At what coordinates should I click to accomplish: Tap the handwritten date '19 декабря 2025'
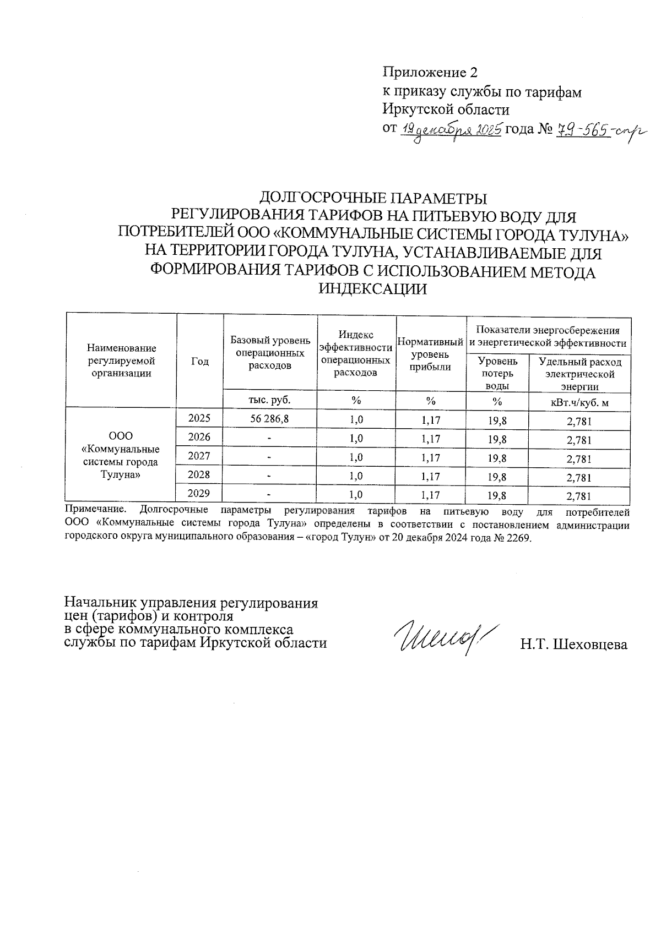(451, 130)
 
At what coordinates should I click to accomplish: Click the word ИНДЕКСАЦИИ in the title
(373, 288)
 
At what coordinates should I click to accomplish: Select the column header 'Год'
(200, 361)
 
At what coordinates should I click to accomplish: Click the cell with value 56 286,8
(270, 418)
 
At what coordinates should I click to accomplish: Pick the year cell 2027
(199, 456)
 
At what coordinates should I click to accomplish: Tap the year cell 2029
(199, 494)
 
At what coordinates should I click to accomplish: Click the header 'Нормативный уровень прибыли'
(431, 354)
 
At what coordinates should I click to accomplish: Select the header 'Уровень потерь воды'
(497, 373)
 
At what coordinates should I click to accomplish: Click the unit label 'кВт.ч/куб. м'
(579, 402)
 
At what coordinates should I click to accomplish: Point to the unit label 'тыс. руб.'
(270, 400)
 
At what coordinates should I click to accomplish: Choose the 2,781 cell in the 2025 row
(579, 422)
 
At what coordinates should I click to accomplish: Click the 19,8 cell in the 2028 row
(497, 477)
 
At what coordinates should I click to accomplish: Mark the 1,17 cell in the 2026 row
(431, 439)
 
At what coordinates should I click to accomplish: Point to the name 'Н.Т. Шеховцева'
(573, 644)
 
